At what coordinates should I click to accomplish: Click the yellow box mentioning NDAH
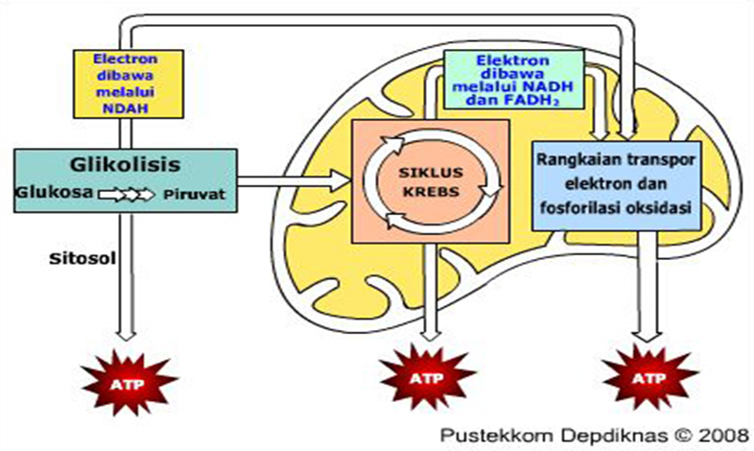tap(129, 83)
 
